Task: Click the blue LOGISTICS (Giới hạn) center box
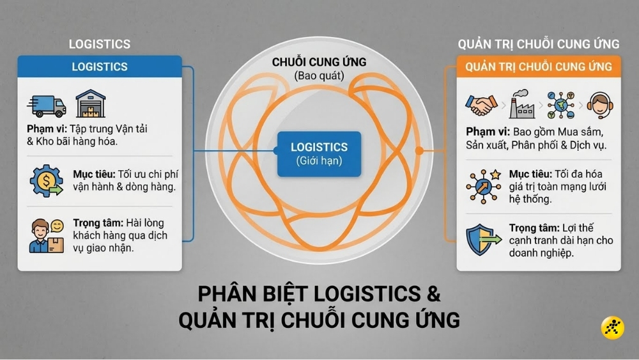[x=319, y=153]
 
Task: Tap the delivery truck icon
[x=47, y=106]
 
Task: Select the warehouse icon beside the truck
[x=90, y=104]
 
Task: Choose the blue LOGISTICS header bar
[x=99, y=67]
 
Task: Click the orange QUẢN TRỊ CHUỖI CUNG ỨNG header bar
[x=539, y=67]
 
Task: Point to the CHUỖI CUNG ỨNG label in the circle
[x=319, y=62]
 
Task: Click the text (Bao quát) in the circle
[x=319, y=75]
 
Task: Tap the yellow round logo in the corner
[x=613, y=328]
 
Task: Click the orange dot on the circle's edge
[x=419, y=152]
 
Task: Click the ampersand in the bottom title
[x=431, y=294]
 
